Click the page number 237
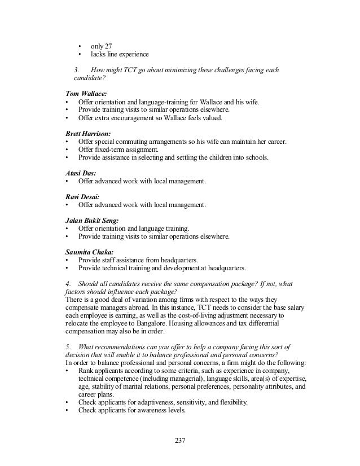point(180,440)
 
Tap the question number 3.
point(77,70)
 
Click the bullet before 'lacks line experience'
point(80,54)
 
